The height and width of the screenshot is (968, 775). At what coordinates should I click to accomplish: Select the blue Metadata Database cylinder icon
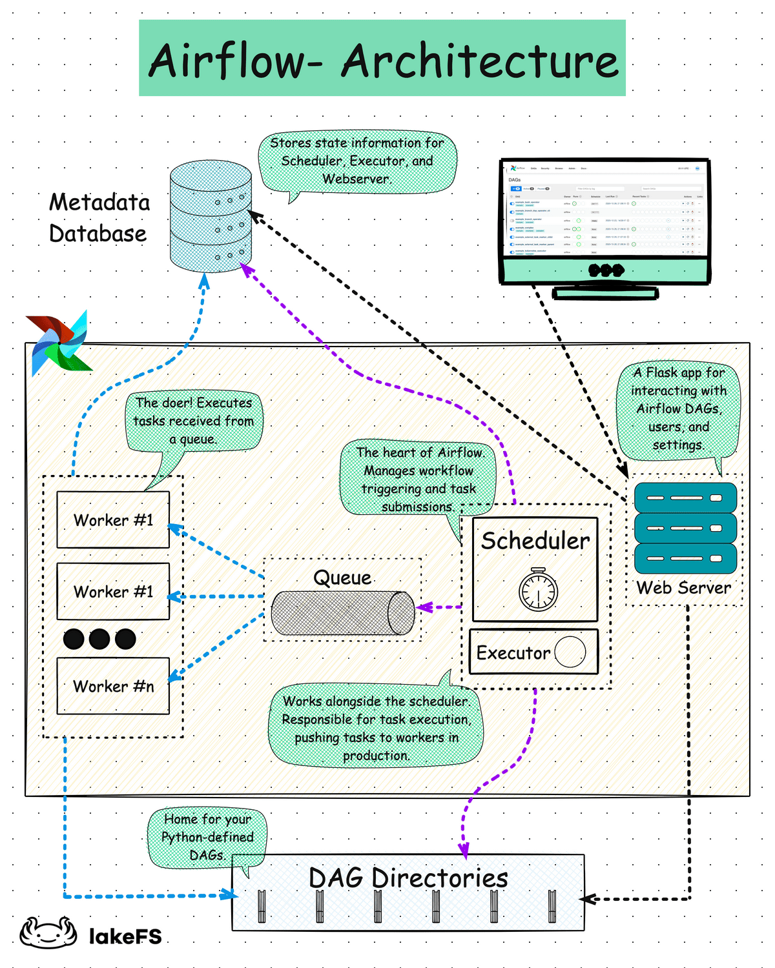point(211,217)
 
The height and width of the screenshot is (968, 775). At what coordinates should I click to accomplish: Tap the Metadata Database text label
point(99,218)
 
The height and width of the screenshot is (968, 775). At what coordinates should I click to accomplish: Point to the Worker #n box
point(113,686)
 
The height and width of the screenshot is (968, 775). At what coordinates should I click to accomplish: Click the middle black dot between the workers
point(99,639)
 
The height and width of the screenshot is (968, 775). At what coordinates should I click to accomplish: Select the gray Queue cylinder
point(342,613)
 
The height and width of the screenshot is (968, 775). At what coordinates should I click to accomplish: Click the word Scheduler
point(535,541)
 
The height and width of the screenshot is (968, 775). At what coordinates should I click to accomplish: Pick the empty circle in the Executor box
point(570,652)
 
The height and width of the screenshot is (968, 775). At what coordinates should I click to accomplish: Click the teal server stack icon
point(685,528)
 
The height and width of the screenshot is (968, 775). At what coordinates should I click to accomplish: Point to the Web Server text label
point(684,588)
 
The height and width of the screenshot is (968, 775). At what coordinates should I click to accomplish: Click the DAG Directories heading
point(408,878)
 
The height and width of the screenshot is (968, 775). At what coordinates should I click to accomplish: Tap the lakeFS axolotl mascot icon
point(48,933)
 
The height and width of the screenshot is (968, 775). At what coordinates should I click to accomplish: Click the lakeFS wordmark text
point(125,936)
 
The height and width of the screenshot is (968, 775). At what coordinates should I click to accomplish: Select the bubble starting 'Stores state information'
point(357,161)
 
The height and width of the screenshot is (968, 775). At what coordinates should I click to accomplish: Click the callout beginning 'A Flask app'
point(678,408)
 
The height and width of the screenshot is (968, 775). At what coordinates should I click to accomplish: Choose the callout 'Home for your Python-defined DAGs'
point(207,837)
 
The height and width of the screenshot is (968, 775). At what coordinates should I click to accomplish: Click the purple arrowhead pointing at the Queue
point(423,607)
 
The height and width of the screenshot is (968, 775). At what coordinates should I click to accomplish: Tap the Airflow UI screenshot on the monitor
point(605,210)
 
